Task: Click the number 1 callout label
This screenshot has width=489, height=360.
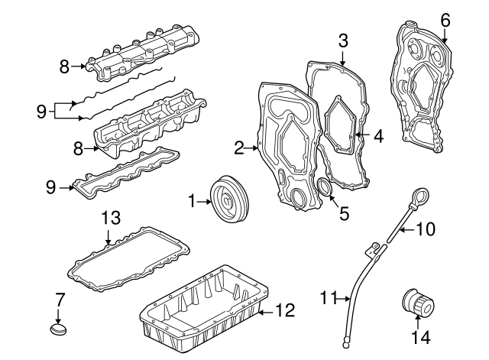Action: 192,202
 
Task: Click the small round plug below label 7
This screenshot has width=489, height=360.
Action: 58,329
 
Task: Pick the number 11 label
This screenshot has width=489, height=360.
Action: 328,299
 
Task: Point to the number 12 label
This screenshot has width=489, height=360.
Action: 284,310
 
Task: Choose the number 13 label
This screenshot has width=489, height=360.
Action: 112,219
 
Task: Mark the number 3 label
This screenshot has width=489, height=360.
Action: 343,39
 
